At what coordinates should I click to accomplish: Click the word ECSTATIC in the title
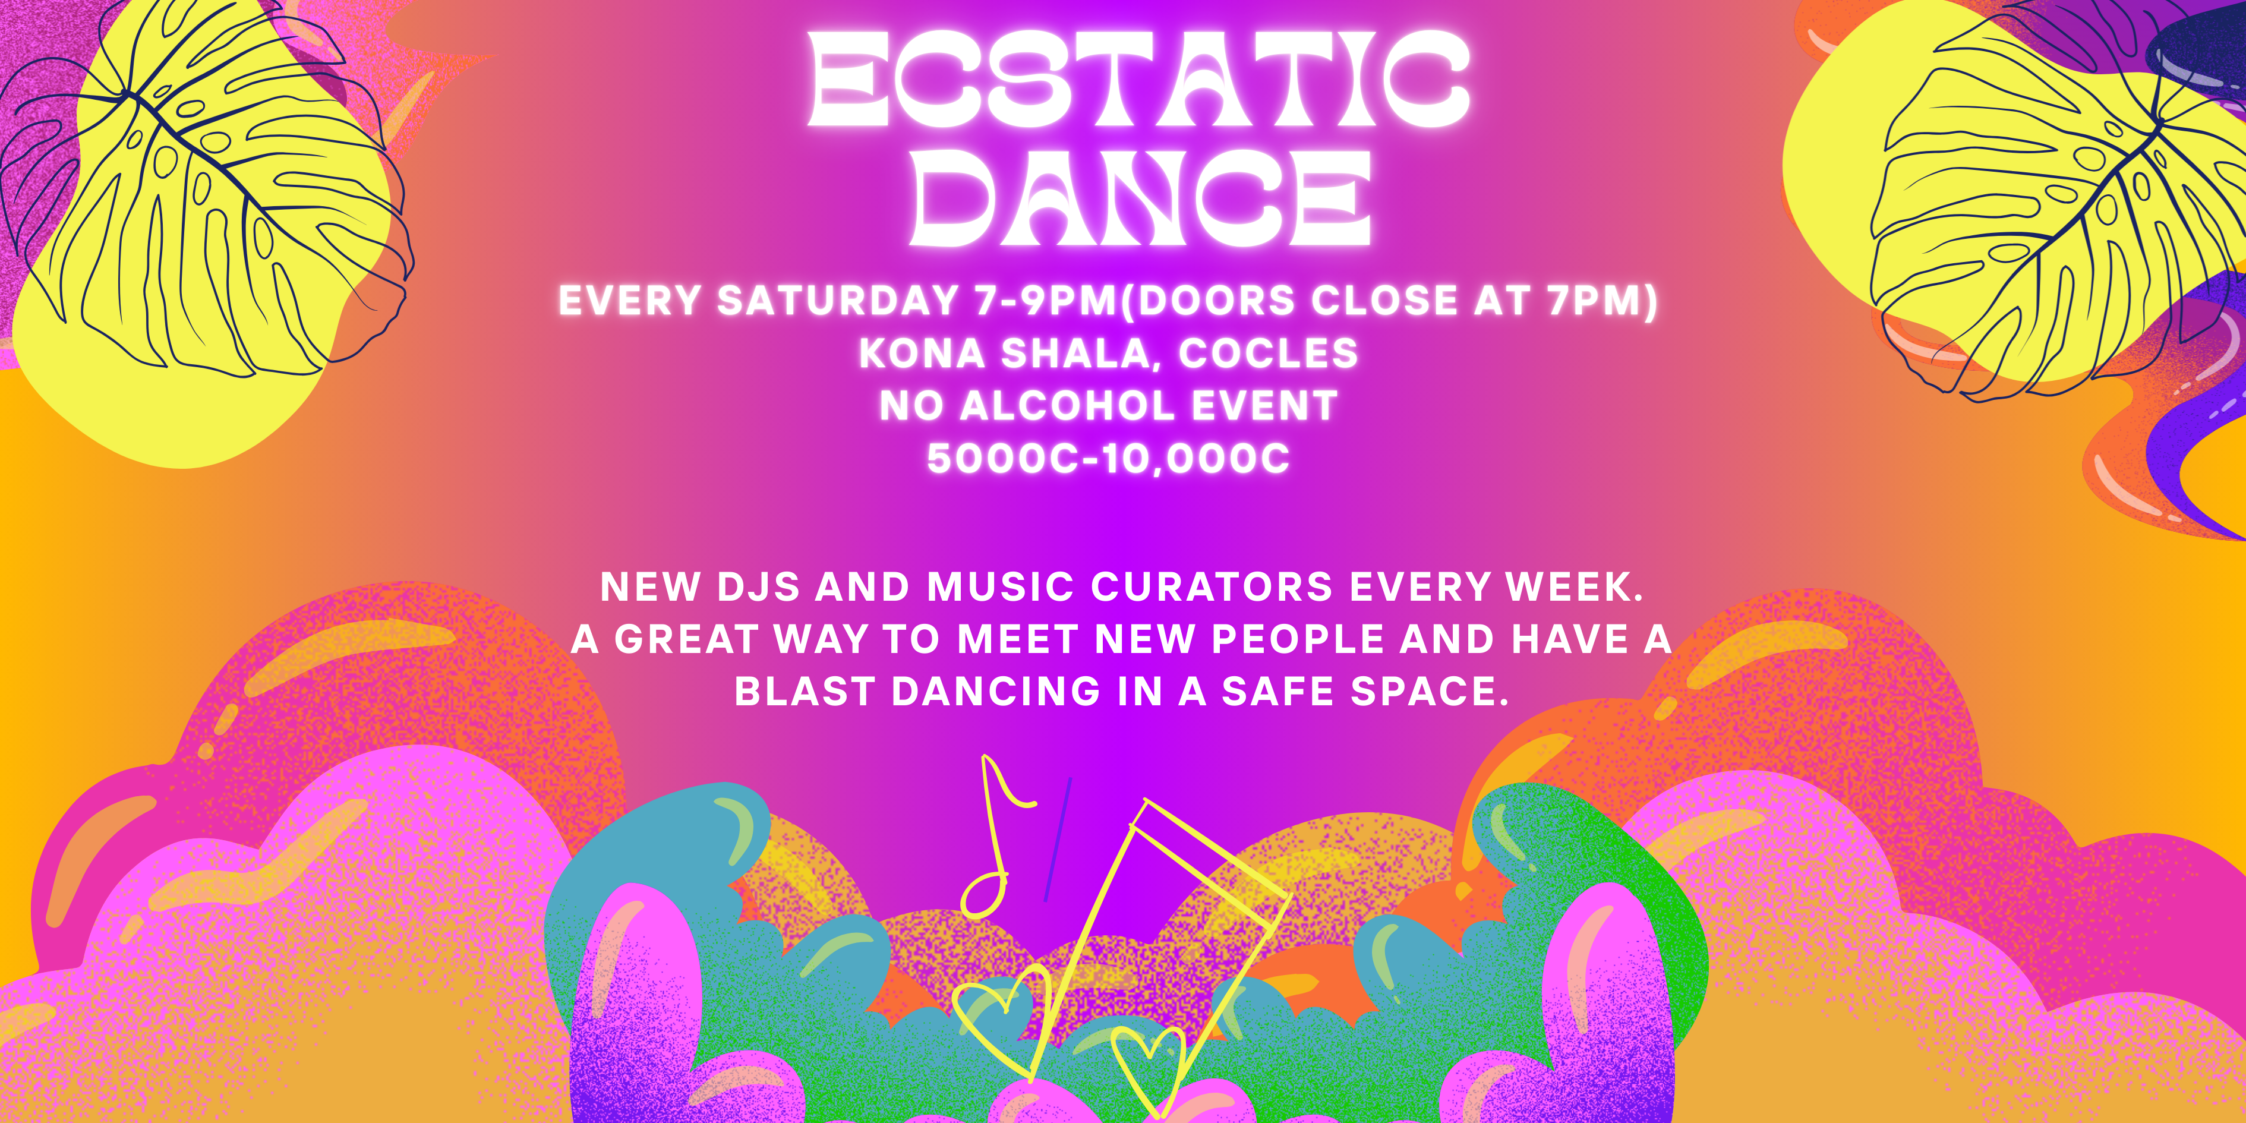(x=1138, y=80)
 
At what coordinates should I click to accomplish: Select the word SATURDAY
(x=838, y=301)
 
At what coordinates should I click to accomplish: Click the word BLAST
(x=804, y=692)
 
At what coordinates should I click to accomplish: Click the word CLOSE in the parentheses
(x=1384, y=301)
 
